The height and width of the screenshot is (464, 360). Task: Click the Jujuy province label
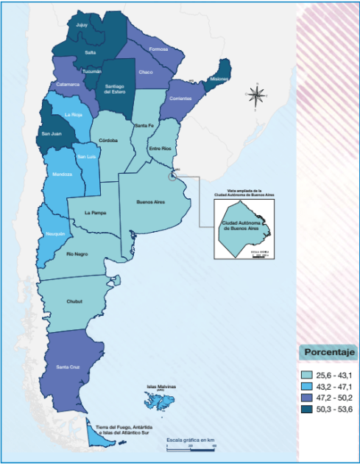82,24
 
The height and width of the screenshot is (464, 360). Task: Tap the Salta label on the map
90,52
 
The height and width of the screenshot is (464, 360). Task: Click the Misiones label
219,77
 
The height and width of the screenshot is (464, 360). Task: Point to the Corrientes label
180,98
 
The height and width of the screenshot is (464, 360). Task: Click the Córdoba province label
109,140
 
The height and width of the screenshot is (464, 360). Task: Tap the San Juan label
49,136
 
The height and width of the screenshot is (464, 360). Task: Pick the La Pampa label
95,212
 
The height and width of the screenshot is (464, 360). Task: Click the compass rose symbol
257,94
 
